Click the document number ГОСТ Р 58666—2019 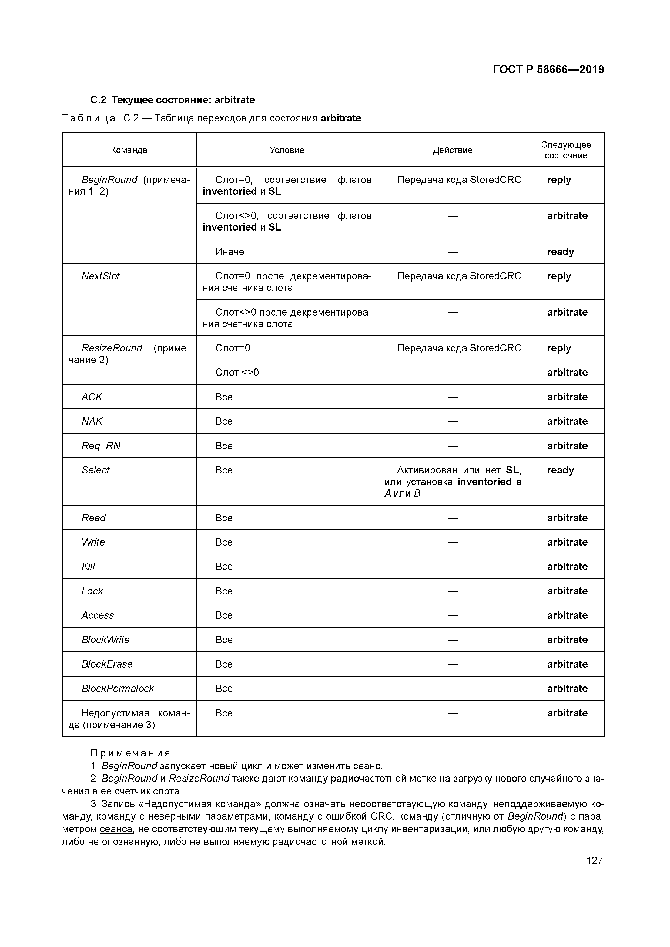pos(548,69)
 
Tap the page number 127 pos(594,860)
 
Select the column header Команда pos(129,150)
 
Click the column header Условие pos(287,150)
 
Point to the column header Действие pos(453,150)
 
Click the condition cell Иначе pos(230,252)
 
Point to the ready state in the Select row pos(560,470)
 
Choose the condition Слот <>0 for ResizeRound pos(237,373)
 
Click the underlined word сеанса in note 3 pos(116,829)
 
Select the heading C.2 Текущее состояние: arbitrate pos(173,100)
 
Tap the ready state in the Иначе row pos(560,252)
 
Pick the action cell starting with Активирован pos(453,481)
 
